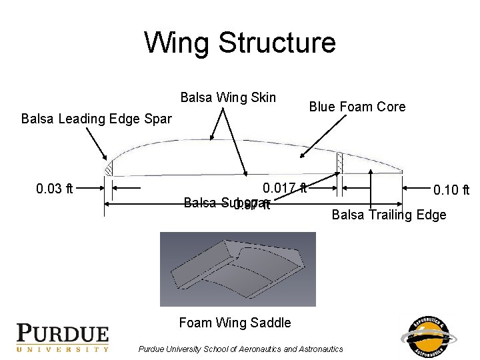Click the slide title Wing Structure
240,43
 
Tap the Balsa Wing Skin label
228,98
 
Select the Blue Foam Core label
356,107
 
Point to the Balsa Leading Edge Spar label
96,119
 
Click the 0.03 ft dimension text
55,189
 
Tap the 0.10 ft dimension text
451,191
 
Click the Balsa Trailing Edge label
389,215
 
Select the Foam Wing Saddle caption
235,323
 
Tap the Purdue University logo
62,337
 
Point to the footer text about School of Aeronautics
240,349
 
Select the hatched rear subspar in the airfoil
340,162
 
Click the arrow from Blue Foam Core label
323,137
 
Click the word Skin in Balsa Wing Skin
261,98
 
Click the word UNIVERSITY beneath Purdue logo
62,349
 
